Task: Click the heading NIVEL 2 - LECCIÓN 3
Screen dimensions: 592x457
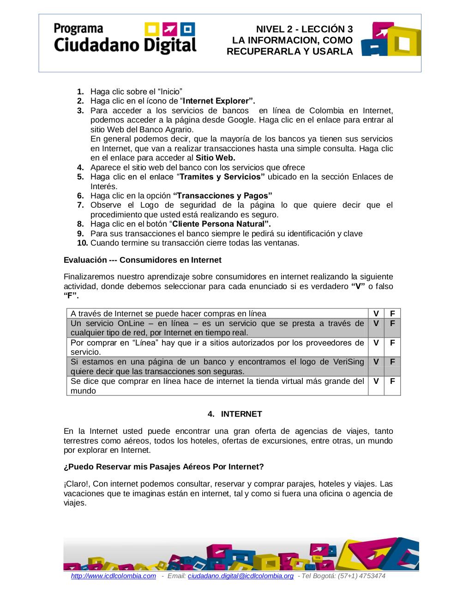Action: pos(304,29)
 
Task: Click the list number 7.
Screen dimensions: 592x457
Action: pos(80,205)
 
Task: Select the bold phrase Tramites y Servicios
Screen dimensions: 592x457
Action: pos(222,177)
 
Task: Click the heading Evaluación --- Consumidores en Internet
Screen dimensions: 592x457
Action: pos(142,260)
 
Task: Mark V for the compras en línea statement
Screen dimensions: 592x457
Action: pos(376,314)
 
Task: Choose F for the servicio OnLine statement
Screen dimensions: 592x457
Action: pos(392,323)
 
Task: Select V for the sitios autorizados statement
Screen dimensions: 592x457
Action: pos(376,343)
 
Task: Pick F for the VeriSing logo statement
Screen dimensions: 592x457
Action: pos(392,362)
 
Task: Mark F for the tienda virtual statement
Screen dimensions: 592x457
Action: pos(392,381)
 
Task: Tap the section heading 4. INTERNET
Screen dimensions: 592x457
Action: pos(235,414)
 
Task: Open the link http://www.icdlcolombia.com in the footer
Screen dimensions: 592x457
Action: pos(114,576)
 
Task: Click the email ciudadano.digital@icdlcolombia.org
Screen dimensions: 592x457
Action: pos(241,576)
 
